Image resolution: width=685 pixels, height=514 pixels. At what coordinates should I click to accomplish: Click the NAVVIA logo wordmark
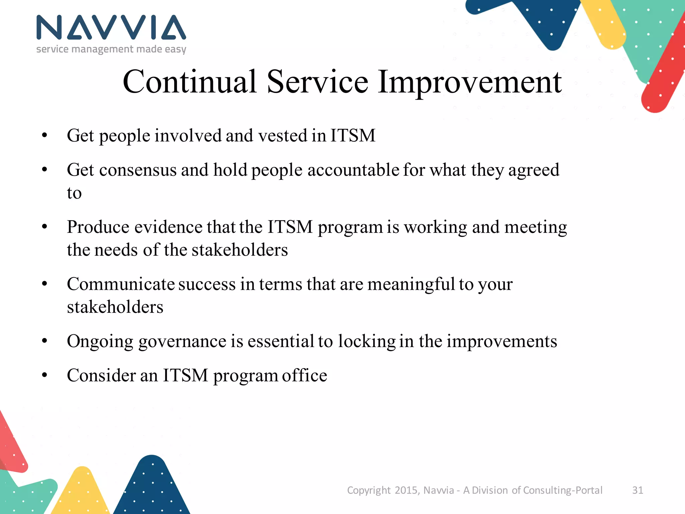click(111, 27)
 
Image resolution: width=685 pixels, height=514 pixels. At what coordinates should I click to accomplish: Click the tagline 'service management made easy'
click(111, 49)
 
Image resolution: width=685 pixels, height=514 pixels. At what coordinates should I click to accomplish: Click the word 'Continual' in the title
click(189, 82)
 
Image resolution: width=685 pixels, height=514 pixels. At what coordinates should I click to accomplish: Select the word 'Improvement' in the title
click(470, 82)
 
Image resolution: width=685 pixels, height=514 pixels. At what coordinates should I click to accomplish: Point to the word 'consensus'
click(137, 170)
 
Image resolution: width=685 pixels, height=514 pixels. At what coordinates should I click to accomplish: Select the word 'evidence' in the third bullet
click(169, 227)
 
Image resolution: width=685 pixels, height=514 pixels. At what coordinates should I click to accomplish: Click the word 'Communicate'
click(120, 284)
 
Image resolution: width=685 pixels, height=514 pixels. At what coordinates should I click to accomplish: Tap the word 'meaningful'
click(411, 284)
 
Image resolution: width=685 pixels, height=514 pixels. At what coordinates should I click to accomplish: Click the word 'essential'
click(281, 341)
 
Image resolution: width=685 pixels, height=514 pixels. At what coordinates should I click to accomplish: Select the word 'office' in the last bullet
click(304, 375)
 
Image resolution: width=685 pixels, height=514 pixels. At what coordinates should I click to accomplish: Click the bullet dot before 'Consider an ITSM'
click(45, 375)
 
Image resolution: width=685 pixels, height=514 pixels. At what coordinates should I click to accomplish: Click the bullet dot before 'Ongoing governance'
click(45, 341)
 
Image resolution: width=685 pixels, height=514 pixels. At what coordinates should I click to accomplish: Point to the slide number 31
click(638, 490)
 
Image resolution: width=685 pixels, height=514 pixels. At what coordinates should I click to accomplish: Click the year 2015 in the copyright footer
click(406, 490)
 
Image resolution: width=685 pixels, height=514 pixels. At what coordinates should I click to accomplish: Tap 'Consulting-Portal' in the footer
click(563, 490)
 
